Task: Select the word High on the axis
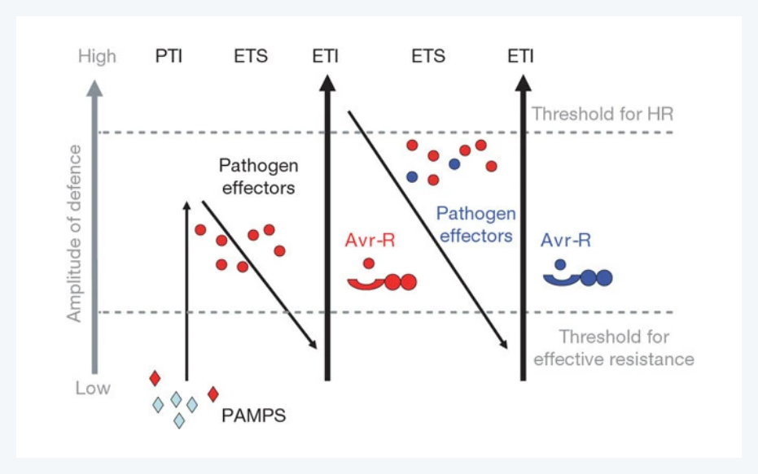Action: click(x=97, y=57)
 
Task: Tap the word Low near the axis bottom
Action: click(x=93, y=388)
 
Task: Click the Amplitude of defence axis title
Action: click(x=75, y=234)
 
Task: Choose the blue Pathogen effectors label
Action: click(x=476, y=225)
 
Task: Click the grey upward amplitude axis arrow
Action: click(x=96, y=228)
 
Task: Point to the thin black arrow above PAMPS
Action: click(x=186, y=293)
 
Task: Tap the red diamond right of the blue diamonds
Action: click(x=213, y=394)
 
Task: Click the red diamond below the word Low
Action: click(x=155, y=378)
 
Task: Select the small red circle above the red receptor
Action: click(x=369, y=263)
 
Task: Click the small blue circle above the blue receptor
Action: click(x=560, y=263)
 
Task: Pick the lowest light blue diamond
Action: click(x=179, y=420)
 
